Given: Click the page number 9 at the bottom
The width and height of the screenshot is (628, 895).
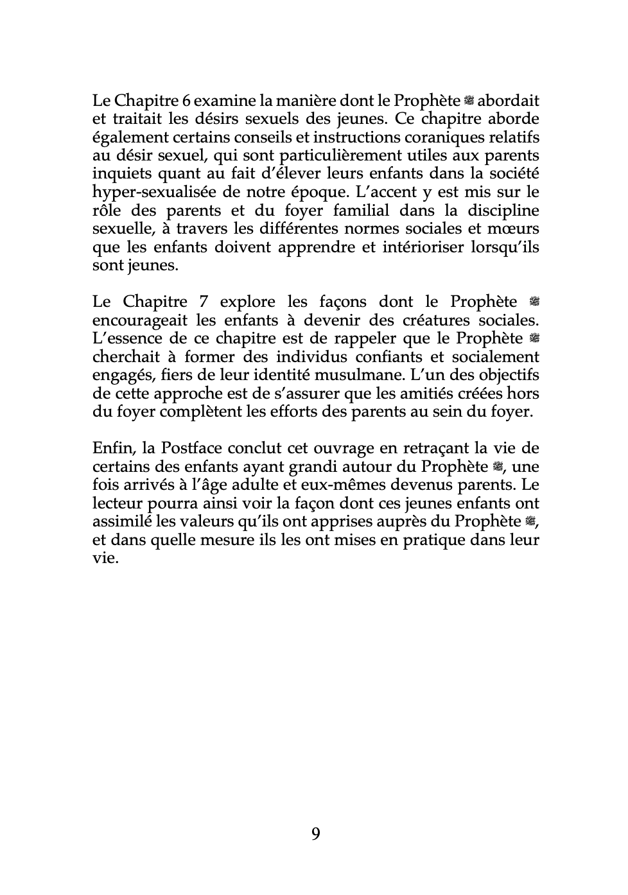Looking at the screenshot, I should (x=315, y=834).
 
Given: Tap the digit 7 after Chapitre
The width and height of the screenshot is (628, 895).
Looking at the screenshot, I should (x=204, y=302).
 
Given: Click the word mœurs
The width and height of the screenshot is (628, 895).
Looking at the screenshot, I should (x=514, y=229).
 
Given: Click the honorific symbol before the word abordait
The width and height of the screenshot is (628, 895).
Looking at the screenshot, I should (x=469, y=101).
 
